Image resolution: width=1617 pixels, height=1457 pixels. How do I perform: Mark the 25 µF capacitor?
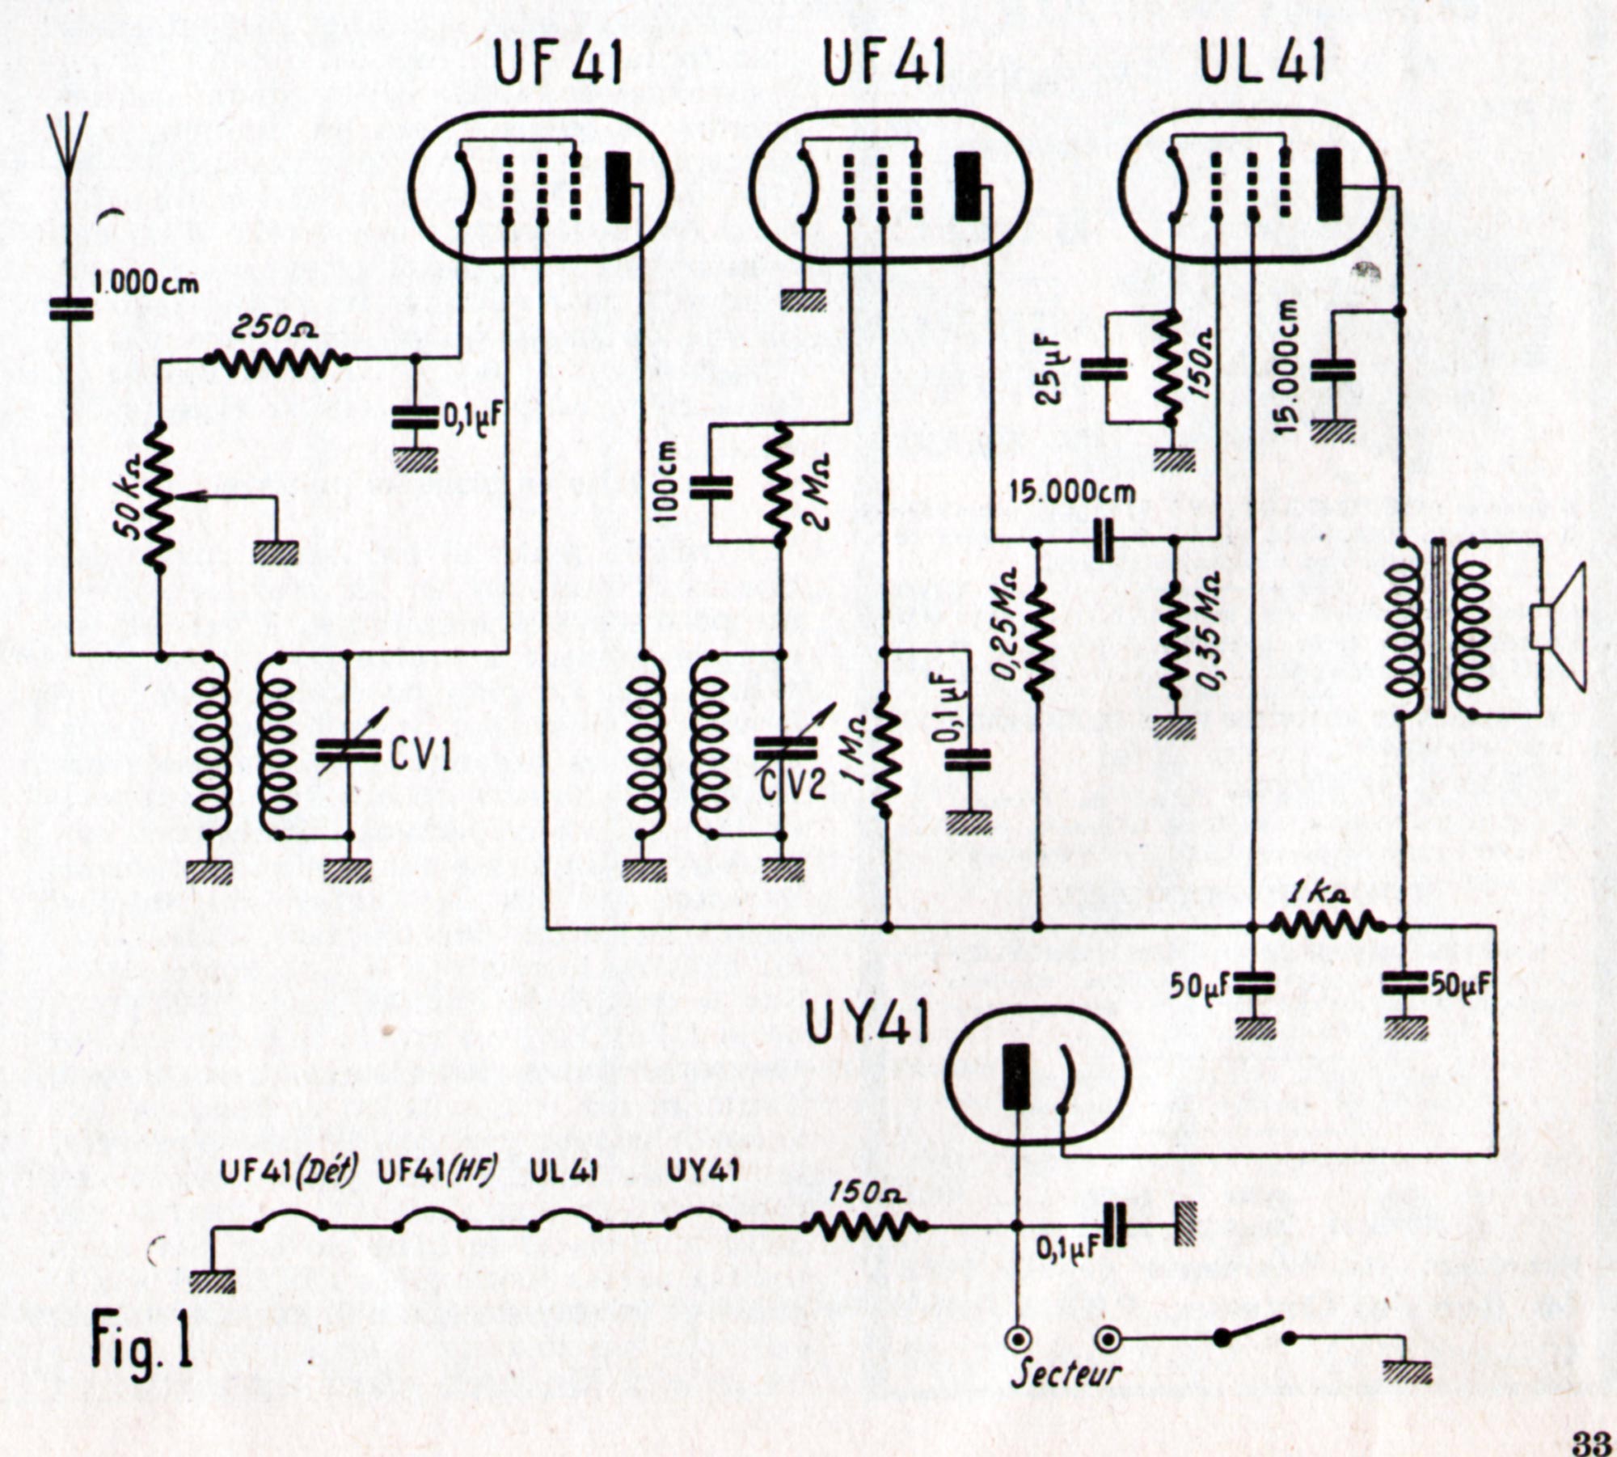pos(1105,370)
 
